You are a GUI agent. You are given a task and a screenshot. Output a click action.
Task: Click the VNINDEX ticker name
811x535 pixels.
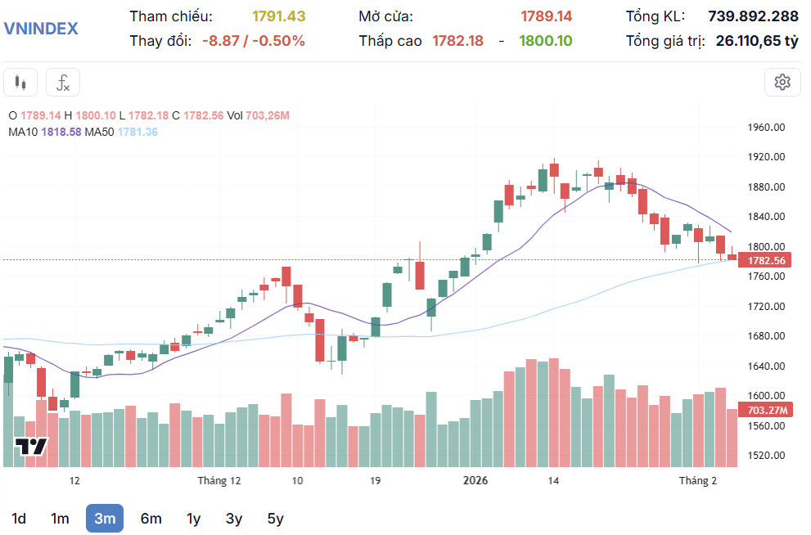click(x=41, y=29)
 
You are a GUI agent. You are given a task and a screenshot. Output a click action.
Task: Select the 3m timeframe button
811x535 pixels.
click(x=105, y=518)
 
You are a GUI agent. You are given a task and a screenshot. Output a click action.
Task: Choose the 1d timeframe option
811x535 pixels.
click(x=19, y=518)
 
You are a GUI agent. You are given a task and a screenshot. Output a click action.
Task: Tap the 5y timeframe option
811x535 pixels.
click(x=275, y=518)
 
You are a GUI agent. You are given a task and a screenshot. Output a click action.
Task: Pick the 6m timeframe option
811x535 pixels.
click(x=151, y=518)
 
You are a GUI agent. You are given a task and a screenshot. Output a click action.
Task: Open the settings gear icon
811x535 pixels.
click(x=782, y=82)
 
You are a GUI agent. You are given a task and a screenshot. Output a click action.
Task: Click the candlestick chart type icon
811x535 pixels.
click(x=20, y=82)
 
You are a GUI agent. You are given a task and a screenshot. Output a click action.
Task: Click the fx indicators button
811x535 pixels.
click(x=63, y=82)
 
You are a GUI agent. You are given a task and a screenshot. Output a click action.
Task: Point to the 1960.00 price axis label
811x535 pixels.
click(x=767, y=128)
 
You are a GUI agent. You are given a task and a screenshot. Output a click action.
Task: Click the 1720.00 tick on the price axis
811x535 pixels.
click(x=767, y=306)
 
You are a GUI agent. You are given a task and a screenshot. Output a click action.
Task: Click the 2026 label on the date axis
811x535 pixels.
click(x=475, y=481)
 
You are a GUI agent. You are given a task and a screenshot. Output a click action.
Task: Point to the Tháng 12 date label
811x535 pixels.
click(x=219, y=481)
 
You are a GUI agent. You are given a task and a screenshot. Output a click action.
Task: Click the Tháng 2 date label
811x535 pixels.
click(x=697, y=481)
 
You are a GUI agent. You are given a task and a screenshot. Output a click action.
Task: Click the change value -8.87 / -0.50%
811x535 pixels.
click(x=253, y=41)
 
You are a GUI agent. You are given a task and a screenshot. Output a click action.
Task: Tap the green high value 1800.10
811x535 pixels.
click(x=546, y=41)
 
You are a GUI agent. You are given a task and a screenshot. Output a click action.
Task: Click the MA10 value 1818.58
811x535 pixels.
click(x=61, y=132)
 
